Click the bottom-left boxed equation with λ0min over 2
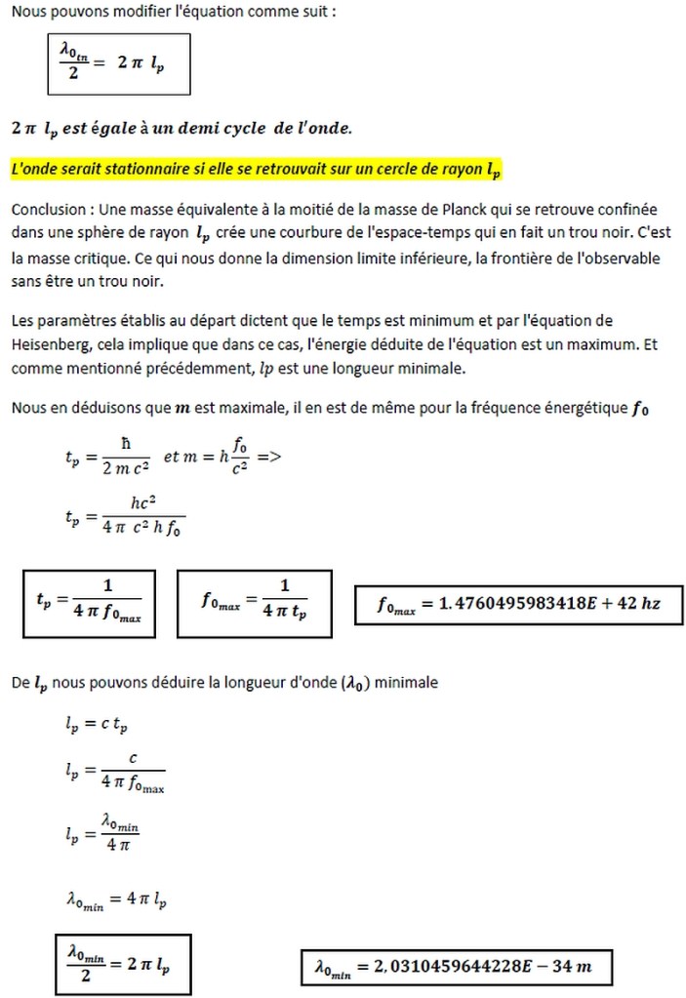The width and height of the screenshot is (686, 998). (x=121, y=964)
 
